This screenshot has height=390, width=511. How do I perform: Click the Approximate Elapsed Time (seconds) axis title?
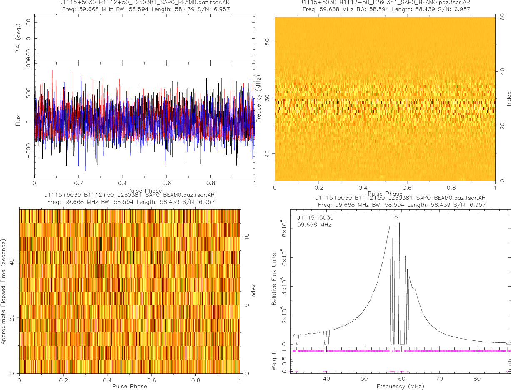tap(4, 291)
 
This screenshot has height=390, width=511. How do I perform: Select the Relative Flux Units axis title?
tap(274, 279)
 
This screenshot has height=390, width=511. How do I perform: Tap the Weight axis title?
tap(274, 361)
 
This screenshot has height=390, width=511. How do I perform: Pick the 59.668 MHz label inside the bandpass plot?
tap(314, 225)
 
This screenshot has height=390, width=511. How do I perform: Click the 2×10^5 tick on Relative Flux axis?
tap(285, 316)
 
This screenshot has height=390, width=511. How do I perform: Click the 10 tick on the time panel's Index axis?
tap(247, 236)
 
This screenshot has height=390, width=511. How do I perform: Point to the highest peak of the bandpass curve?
tap(394, 216)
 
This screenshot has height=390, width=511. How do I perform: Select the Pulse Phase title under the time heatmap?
tap(129, 386)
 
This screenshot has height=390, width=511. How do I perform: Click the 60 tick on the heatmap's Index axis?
tap(503, 18)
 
